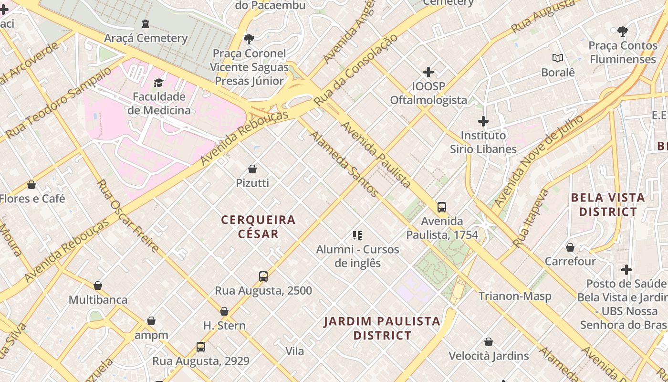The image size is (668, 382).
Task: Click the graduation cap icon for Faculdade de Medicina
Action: pos(159,83)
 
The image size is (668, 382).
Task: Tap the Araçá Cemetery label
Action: pos(146,38)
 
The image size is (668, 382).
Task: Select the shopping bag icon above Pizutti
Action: pos(252,169)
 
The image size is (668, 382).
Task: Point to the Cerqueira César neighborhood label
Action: pos(258,227)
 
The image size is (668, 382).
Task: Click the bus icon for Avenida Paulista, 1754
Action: pos(442,207)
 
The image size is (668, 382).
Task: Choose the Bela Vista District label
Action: pos(607,204)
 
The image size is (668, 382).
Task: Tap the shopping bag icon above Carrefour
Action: pos(570,247)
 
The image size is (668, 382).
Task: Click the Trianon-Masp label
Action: pos(515,296)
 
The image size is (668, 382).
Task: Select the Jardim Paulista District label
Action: pos(382,328)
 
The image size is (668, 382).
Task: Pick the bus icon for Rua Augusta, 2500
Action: pos(263,276)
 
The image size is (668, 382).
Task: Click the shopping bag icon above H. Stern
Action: pos(224,311)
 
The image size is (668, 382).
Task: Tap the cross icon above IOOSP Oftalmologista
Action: pos(428,72)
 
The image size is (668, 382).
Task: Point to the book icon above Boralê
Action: pos(558,58)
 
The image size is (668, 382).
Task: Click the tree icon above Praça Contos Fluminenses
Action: pos(622,32)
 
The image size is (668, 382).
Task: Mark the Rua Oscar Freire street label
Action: pos(128,216)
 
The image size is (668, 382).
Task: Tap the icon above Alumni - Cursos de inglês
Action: pos(357,235)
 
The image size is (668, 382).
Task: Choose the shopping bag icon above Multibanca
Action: pos(98,286)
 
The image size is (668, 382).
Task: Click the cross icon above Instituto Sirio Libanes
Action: pos(483,121)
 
